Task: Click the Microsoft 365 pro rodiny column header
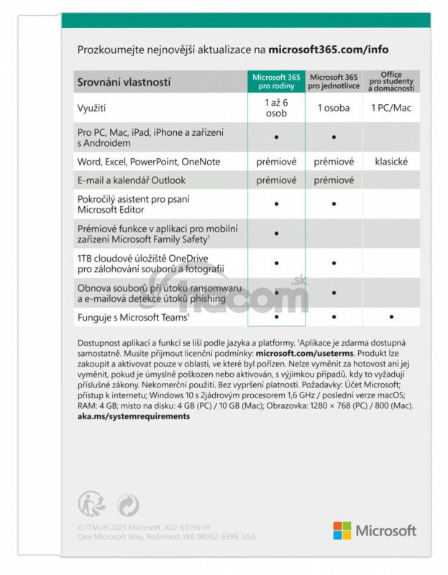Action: pyautogui.click(x=276, y=81)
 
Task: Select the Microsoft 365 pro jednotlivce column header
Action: pyautogui.click(x=334, y=81)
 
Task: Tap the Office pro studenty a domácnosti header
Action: pyautogui.click(x=391, y=81)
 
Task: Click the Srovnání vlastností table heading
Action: pyautogui.click(x=124, y=83)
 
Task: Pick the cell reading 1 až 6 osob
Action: pyautogui.click(x=276, y=108)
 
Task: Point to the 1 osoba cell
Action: pyautogui.click(x=334, y=108)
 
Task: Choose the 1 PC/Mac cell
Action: pyautogui.click(x=391, y=108)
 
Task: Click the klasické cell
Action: pyautogui.click(x=391, y=162)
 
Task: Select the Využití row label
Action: pyautogui.click(x=91, y=108)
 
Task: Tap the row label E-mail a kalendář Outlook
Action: pyautogui.click(x=131, y=180)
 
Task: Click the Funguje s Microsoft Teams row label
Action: pyautogui.click(x=133, y=316)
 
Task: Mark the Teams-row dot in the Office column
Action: pyautogui.click(x=391, y=316)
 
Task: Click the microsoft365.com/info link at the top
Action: pyautogui.click(x=328, y=50)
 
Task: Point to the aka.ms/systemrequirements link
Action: pyautogui.click(x=133, y=416)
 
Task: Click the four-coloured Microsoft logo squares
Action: pyautogui.click(x=342, y=530)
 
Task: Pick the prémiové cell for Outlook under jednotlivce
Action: pyautogui.click(x=334, y=180)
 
